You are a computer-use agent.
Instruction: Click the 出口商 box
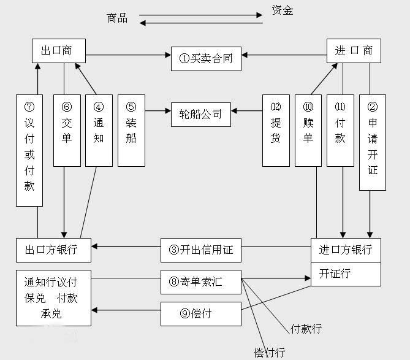58,50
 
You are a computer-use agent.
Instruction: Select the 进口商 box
354,50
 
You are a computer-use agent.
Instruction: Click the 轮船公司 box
200,114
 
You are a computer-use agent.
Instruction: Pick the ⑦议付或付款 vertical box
29,150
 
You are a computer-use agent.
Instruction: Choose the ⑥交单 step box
67,130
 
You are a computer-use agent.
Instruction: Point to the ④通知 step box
99,130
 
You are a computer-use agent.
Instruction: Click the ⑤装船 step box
131,130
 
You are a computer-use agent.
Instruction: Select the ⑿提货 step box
276,130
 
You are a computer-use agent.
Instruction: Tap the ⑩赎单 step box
308,130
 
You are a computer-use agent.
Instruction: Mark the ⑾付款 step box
340,130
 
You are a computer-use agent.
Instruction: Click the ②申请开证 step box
372,142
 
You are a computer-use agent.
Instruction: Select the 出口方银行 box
53,250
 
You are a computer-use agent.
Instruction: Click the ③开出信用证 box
200,250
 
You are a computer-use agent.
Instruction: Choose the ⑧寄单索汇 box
200,281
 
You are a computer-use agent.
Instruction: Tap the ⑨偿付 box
200,313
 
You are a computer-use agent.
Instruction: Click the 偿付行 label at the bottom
269,352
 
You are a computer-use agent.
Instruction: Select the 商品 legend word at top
117,18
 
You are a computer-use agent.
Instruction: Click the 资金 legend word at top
283,10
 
